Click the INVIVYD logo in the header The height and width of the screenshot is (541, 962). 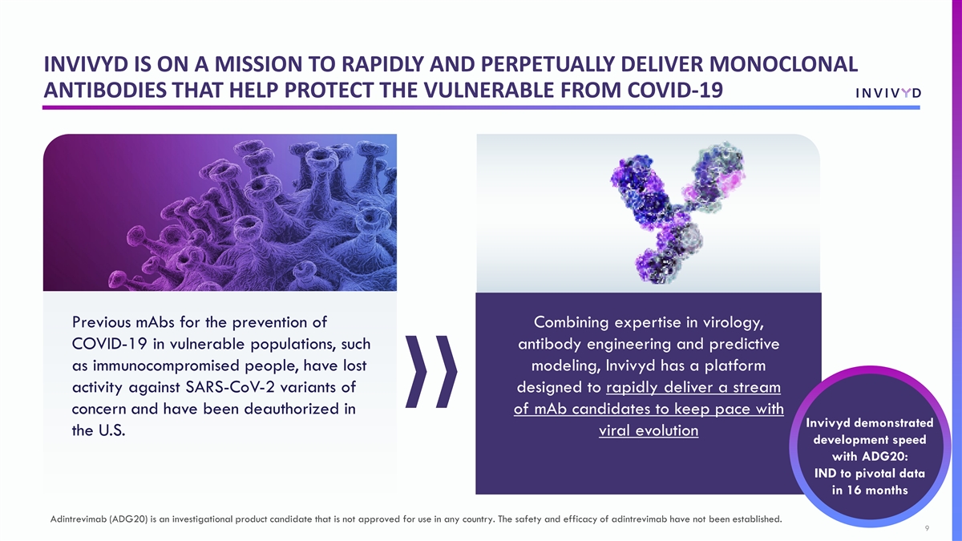coord(888,93)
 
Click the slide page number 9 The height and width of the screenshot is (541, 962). coord(927,528)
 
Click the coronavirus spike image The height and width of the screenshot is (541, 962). coord(220,212)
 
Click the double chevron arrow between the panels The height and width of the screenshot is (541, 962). coord(431,371)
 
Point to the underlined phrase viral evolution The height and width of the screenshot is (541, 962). coord(649,430)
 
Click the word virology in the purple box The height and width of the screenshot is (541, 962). coord(733,322)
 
